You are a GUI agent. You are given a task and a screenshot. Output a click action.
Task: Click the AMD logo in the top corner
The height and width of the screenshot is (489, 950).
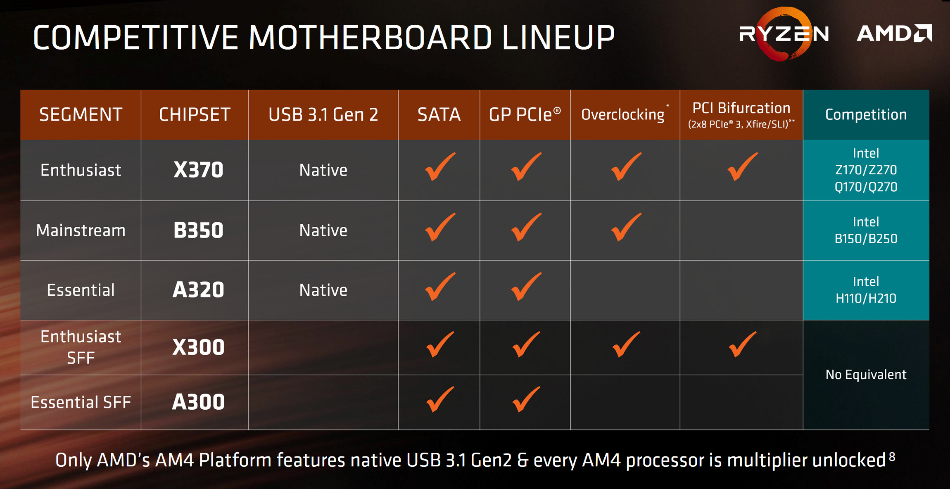click(894, 33)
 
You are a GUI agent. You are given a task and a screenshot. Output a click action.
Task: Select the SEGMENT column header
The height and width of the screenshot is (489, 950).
click(81, 115)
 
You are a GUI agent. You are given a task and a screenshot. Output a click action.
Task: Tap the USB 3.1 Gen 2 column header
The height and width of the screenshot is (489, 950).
click(323, 115)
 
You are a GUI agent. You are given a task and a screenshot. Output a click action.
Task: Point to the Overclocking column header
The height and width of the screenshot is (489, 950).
click(623, 115)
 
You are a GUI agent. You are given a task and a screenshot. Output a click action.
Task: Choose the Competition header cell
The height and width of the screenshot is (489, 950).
click(866, 114)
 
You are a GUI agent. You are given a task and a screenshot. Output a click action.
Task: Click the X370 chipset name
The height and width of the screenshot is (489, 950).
click(198, 170)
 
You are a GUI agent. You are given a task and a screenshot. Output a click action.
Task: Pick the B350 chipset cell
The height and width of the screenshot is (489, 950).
click(198, 230)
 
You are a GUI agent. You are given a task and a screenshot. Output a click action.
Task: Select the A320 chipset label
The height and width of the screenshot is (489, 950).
click(198, 290)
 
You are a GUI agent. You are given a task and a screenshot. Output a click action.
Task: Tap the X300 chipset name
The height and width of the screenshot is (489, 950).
click(198, 347)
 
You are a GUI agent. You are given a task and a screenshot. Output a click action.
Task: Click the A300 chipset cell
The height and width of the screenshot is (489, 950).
click(198, 402)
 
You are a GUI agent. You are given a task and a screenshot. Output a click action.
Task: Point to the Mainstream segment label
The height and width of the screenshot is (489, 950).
click(81, 230)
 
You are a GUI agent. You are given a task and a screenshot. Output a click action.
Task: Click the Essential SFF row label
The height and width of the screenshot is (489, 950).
click(81, 402)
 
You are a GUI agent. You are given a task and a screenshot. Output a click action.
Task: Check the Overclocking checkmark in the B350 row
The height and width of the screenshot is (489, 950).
click(626, 227)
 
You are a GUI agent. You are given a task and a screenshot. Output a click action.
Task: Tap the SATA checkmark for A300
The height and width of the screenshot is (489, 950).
click(440, 399)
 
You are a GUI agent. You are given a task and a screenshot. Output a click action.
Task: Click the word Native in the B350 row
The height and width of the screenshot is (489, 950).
click(323, 230)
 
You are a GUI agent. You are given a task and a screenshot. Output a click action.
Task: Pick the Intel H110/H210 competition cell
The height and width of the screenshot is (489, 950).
click(866, 290)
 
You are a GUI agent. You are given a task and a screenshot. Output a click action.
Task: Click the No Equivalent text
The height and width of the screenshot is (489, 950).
click(866, 375)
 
